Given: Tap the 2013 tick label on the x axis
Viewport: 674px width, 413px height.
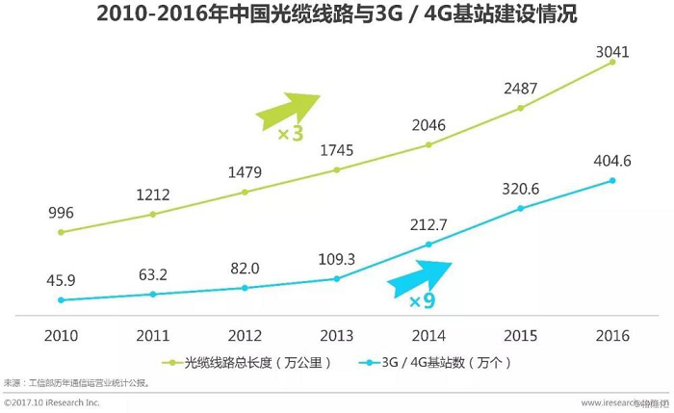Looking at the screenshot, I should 336,336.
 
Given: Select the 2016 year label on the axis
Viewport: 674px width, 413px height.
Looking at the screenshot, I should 612,336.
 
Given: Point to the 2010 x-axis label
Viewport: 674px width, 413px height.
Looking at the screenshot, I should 60,336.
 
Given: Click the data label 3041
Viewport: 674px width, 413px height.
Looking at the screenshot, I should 611,51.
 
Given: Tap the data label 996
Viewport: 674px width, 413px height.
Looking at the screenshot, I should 60,213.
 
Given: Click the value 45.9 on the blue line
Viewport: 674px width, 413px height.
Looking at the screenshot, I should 60,281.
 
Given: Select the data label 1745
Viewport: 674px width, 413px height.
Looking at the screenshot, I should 336,150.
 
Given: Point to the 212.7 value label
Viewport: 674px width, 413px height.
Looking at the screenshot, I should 428,225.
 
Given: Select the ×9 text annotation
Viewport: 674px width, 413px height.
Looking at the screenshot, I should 422,301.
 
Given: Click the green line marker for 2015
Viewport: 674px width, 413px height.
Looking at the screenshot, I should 520,108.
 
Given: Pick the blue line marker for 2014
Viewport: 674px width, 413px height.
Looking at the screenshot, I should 428,245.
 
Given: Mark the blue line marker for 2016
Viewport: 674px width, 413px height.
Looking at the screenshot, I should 612,180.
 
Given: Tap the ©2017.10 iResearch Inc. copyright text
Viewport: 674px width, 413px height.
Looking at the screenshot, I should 52,401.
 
